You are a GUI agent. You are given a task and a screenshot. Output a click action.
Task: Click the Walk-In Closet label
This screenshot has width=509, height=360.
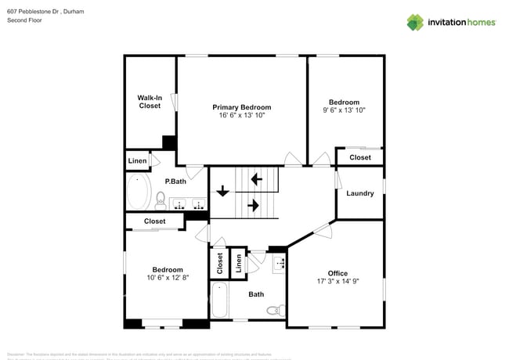(150, 102)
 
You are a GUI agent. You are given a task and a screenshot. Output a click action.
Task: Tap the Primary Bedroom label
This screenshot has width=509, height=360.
(242, 107)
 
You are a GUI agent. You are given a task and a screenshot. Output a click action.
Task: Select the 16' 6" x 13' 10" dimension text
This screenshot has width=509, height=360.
(242, 116)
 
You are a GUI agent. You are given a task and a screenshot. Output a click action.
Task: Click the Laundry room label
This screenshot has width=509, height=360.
(360, 193)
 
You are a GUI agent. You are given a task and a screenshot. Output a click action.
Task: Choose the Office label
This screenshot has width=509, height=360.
(338, 273)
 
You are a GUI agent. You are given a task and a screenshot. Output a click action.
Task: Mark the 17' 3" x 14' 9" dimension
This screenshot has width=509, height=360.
(338, 282)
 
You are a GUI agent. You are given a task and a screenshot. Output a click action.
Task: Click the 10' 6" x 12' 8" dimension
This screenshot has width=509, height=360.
(168, 278)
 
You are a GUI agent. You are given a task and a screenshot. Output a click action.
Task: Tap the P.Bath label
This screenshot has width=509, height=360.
(175, 182)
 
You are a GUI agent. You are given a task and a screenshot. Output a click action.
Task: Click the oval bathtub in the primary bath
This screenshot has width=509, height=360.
(139, 191)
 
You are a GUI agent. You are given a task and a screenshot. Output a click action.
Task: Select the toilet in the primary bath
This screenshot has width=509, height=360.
(160, 203)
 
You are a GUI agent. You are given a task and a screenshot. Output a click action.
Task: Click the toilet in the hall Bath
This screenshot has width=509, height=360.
(274, 311)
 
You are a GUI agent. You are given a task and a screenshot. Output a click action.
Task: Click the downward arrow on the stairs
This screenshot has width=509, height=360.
(224, 190)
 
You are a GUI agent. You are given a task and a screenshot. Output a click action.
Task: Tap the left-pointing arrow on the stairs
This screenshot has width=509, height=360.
(255, 179)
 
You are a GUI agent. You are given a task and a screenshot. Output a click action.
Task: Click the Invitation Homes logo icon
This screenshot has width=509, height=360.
(415, 22)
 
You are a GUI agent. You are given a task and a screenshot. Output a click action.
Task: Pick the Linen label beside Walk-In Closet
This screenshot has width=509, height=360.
(137, 161)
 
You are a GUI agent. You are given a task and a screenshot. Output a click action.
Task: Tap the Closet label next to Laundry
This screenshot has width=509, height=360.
(360, 157)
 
